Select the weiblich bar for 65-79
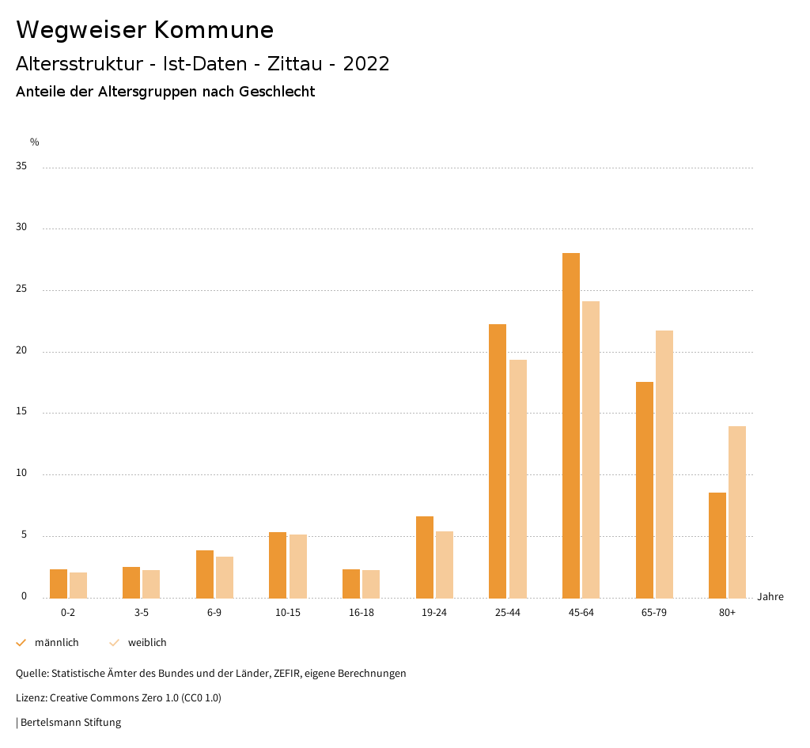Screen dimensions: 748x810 pyautogui.click(x=664, y=464)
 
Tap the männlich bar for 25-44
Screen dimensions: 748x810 pyautogui.click(x=498, y=461)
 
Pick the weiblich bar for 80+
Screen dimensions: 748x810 pyautogui.click(x=737, y=512)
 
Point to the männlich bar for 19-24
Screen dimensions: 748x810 pyautogui.click(x=425, y=557)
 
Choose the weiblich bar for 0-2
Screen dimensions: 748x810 pyautogui.click(x=78, y=585)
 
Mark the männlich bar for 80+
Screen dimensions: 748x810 pyautogui.click(x=717, y=545)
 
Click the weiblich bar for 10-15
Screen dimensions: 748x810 pyautogui.click(x=297, y=566)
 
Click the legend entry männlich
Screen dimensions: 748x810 pyautogui.click(x=56, y=643)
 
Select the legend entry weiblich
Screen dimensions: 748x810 pyautogui.click(x=147, y=643)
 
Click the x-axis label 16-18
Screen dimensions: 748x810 pyautogui.click(x=361, y=613)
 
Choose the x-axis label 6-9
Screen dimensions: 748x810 pyautogui.click(x=214, y=613)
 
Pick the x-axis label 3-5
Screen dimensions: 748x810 pyautogui.click(x=141, y=613)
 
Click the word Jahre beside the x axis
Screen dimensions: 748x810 pyautogui.click(x=770, y=597)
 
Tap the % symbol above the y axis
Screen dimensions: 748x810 pyautogui.click(x=35, y=142)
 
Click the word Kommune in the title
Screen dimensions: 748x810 pyautogui.click(x=214, y=30)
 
